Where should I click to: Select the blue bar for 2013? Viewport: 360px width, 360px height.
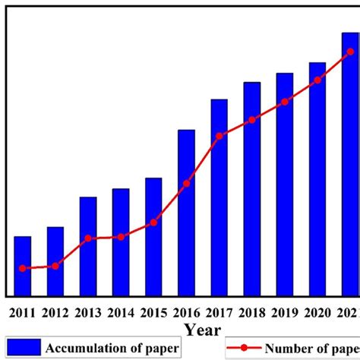coord(88,246)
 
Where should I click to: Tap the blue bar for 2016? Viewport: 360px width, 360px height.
coord(187,213)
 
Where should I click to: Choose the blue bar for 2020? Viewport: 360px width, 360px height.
coord(317,179)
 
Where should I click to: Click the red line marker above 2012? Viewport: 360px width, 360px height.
coord(55,266)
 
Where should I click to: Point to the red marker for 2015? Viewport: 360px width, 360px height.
coord(154,223)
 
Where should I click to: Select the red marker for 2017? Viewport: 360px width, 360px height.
coord(219,136)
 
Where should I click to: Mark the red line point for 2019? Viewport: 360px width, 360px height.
coord(285,102)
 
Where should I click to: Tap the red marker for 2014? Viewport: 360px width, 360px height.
coord(121,237)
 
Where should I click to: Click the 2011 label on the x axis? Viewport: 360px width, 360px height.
coord(23,311)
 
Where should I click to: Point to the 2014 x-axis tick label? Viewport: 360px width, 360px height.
coord(121,311)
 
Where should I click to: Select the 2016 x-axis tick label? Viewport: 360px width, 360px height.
coord(187,311)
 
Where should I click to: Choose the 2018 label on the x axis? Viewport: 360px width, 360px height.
coord(252,311)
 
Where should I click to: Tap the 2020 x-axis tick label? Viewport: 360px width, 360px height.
coord(317,311)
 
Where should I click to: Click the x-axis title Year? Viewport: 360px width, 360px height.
coord(201,330)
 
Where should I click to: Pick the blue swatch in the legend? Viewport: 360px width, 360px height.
coord(24,348)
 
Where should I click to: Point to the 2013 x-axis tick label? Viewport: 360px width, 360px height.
coord(88,311)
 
